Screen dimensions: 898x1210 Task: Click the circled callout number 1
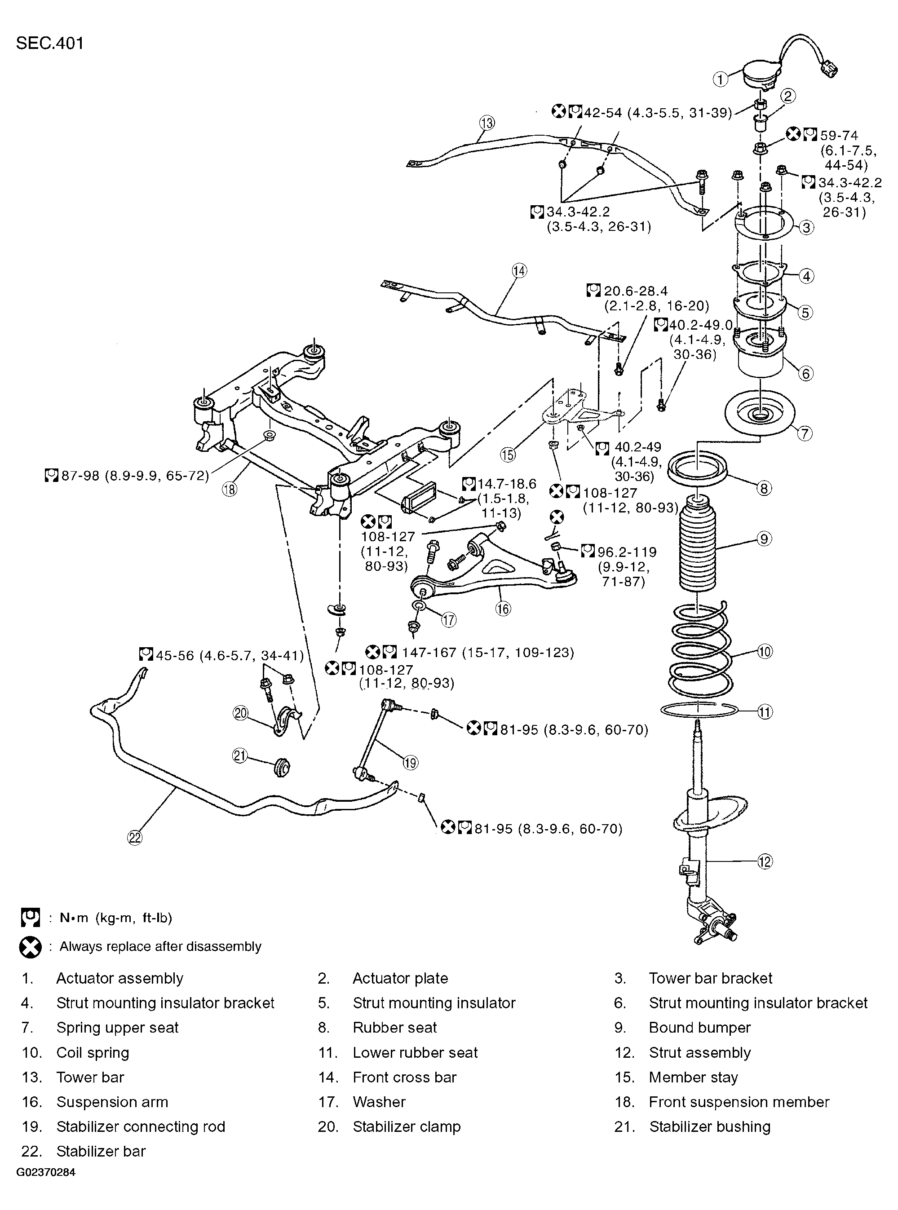pyautogui.click(x=721, y=79)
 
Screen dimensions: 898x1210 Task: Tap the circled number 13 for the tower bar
pyautogui.click(x=487, y=124)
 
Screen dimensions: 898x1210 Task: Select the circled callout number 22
pyautogui.click(x=135, y=838)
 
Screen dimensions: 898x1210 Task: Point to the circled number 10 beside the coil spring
pyautogui.click(x=764, y=651)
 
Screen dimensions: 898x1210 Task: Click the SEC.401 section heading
pyautogui.click(x=50, y=44)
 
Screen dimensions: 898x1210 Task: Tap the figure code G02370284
pyautogui.click(x=46, y=1188)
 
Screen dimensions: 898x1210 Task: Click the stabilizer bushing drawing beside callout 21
pyautogui.click(x=281, y=767)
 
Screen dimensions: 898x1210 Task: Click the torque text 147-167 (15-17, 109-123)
pyautogui.click(x=487, y=652)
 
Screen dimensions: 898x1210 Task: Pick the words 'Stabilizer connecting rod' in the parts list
pyautogui.click(x=141, y=1126)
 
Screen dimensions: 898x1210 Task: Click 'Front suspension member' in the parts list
pyautogui.click(x=739, y=1102)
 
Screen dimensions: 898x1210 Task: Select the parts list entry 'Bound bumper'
pyautogui.click(x=699, y=1028)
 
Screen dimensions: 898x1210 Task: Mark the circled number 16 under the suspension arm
pyautogui.click(x=503, y=609)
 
